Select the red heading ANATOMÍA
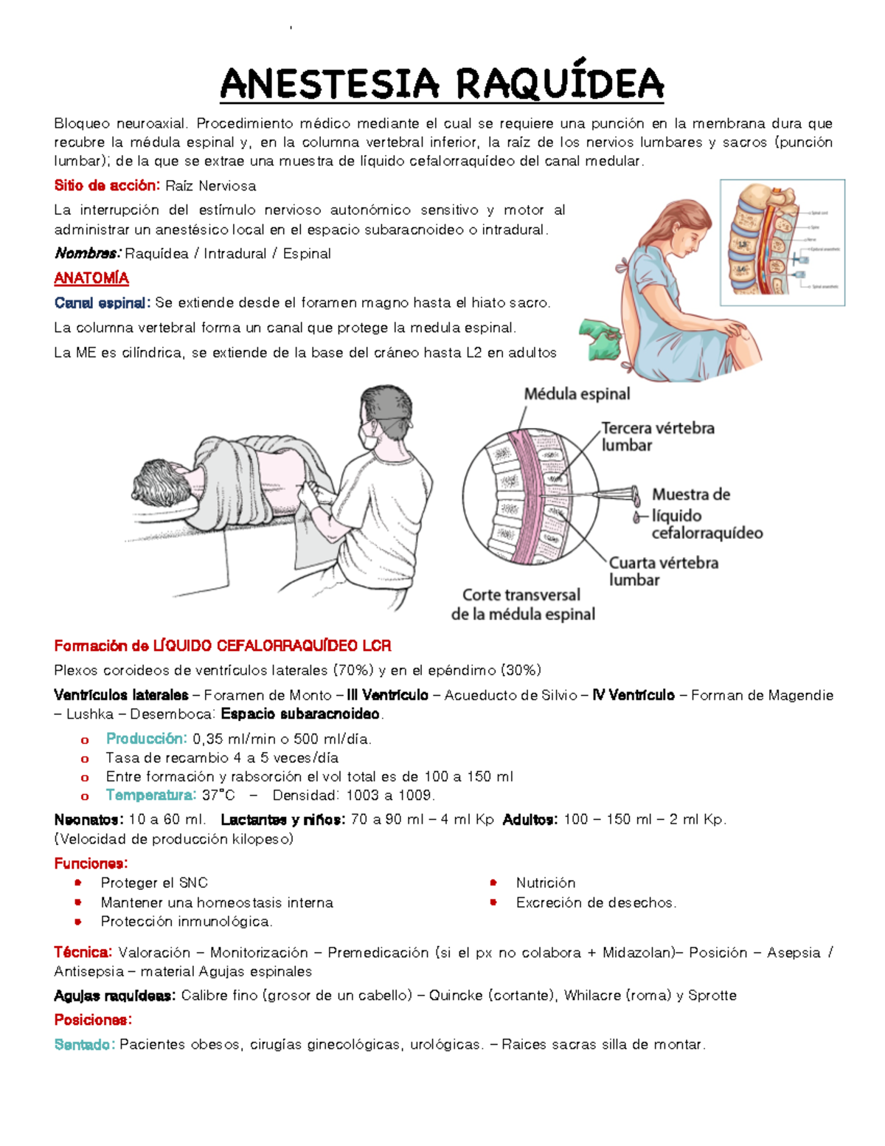(91, 278)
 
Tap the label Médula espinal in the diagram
(577, 394)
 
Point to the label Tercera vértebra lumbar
(657, 437)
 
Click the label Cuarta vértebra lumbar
(663, 571)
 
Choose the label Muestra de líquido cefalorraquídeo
(706, 514)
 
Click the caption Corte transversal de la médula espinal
(522, 604)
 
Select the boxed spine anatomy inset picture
(782, 242)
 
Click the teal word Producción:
(147, 739)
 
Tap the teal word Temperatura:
(151, 795)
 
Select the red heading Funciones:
(91, 863)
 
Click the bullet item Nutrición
(545, 883)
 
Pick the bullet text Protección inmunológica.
(187, 921)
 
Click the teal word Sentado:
(84, 1044)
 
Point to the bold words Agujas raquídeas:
(114, 995)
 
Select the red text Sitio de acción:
(106, 185)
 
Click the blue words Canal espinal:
(102, 303)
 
